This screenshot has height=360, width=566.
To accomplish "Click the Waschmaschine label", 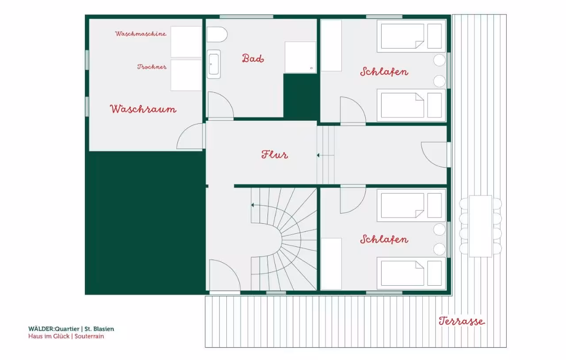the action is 141,34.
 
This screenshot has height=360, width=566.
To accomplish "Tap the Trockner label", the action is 152,67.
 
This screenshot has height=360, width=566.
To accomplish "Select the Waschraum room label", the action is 143,109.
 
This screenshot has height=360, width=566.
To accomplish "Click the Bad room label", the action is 253,58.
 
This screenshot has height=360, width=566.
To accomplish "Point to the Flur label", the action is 275,154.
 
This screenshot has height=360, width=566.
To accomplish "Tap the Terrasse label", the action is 462,321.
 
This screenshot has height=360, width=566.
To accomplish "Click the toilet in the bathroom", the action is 217,34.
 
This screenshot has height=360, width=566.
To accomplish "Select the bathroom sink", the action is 214,64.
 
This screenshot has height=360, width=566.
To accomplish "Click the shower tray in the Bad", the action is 300,57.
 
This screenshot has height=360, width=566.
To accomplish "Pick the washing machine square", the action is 186,42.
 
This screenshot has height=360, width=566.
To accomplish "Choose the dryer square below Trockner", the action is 186,75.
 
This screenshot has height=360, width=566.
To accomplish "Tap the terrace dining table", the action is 480,226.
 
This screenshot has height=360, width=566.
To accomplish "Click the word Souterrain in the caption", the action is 89,336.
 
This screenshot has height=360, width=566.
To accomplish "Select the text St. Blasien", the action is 99,329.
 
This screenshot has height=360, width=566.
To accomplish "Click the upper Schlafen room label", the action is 384,72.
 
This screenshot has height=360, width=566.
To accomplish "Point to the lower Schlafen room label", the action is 384,239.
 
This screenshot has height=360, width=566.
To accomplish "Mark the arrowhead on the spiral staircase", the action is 252,205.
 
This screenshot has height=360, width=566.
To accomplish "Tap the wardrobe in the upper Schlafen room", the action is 331,46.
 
